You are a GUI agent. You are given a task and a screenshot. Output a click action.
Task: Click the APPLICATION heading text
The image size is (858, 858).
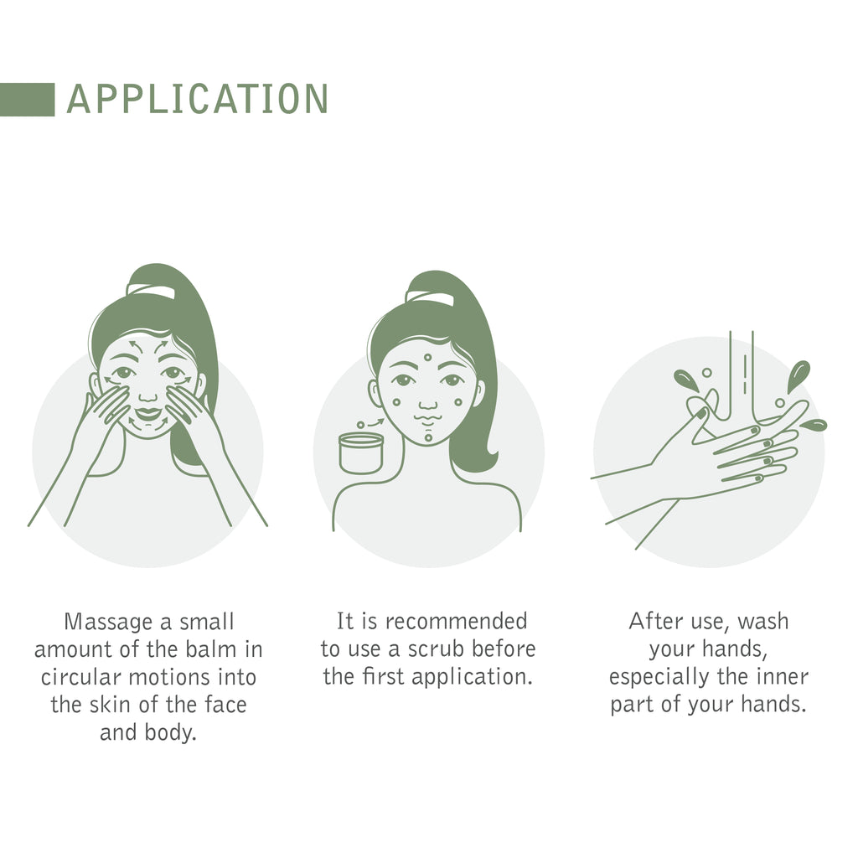tap(197, 99)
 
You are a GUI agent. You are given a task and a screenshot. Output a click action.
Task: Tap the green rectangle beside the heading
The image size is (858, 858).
tap(28, 100)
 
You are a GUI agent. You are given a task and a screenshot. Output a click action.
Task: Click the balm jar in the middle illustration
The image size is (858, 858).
tap(360, 452)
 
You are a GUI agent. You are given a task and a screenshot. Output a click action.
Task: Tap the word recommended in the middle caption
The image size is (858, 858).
tap(457, 622)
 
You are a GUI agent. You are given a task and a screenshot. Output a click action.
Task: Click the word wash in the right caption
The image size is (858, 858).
tap(762, 622)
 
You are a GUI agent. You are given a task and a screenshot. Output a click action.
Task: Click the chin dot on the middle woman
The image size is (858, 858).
tap(428, 437)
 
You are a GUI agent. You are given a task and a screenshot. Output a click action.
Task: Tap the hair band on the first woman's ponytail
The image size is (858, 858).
tap(151, 291)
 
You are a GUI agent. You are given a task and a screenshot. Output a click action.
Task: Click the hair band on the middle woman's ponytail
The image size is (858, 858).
tap(430, 297)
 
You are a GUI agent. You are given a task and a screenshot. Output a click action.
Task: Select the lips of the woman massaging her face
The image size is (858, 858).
tap(148, 413)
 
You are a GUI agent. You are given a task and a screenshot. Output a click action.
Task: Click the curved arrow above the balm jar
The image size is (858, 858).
tap(375, 422)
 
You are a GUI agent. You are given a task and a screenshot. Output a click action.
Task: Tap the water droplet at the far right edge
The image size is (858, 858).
tap(814, 425)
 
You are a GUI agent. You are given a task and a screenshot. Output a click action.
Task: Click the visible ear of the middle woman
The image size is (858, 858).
tap(375, 394)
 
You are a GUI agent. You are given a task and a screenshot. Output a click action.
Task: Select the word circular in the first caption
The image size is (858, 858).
tap(81, 677)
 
